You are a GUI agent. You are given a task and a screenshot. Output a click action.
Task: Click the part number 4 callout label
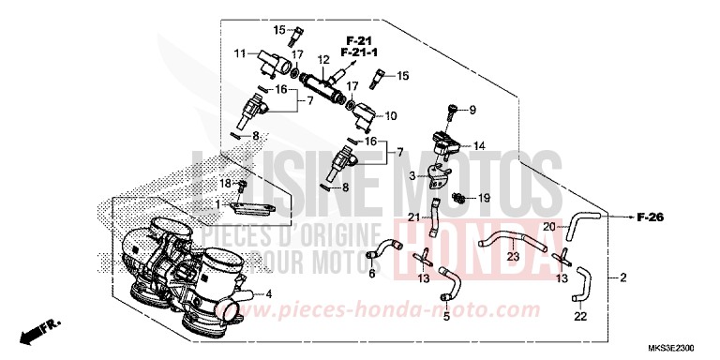[269, 294]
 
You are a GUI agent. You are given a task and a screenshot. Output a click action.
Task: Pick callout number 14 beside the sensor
[478, 145]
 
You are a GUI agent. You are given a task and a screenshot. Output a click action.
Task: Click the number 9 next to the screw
[472, 111]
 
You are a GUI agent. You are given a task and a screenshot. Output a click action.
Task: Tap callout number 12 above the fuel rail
[323, 60]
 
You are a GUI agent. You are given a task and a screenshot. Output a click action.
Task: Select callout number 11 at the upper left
[240, 52]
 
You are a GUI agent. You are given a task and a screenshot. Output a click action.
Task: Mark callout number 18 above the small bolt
[225, 182]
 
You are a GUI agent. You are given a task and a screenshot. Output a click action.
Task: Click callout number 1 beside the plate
[217, 203]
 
